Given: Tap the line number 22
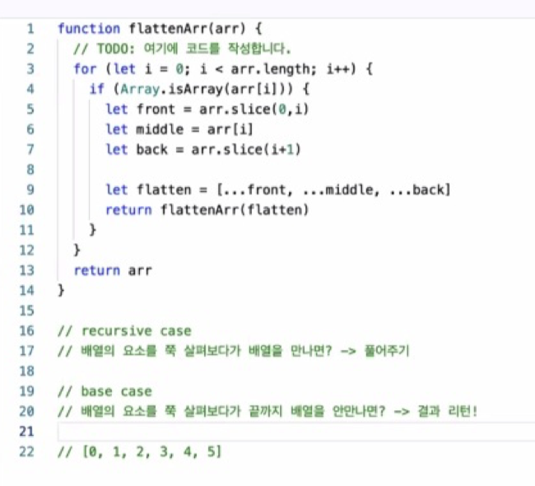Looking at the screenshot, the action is click(x=29, y=451).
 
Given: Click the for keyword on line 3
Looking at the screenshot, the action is click(x=85, y=69).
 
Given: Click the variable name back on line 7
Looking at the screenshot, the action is click(x=147, y=149).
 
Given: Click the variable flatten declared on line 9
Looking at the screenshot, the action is click(x=159, y=190).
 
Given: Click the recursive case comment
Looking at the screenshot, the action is click(x=124, y=331).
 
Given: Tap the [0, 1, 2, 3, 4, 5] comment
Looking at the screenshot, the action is click(x=140, y=451).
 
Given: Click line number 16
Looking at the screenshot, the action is click(x=29, y=331).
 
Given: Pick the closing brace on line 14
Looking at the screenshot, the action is click(x=61, y=290).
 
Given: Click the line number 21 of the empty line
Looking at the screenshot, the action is click(x=29, y=432).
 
